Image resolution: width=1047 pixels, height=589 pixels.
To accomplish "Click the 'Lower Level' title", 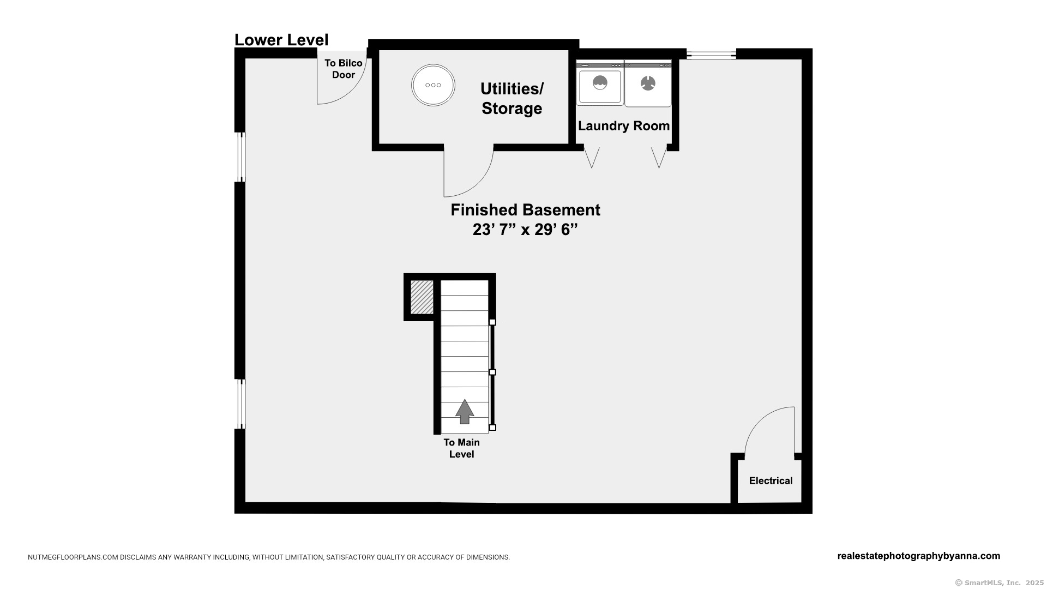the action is [x=281, y=40].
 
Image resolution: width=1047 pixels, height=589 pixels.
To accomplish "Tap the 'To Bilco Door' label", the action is [x=344, y=69].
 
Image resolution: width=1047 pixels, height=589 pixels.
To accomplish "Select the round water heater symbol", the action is [x=433, y=85].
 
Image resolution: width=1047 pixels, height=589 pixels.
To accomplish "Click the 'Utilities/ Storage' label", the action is [x=512, y=99].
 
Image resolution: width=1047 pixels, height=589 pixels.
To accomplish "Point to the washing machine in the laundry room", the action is [x=600, y=83].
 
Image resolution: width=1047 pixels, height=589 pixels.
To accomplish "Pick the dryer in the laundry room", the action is [x=648, y=83].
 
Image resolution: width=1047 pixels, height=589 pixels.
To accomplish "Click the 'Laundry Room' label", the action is [x=624, y=126].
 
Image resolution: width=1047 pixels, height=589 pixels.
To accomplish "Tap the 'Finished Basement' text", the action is [x=525, y=210].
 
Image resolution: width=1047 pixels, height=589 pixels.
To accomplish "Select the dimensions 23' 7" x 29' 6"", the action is [x=525, y=230].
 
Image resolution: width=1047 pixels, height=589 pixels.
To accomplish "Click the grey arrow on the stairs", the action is [x=465, y=412].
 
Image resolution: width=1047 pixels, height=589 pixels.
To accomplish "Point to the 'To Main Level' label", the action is [x=461, y=448].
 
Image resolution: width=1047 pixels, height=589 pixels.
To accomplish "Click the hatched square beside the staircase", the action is [x=422, y=297].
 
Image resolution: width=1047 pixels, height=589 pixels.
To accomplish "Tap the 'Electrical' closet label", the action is [x=771, y=480].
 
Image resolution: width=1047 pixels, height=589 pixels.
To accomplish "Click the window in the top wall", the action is [x=711, y=54].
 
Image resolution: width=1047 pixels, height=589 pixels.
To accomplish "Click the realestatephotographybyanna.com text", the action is [x=918, y=556].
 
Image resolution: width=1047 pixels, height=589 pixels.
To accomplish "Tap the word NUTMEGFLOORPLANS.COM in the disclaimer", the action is [x=73, y=557].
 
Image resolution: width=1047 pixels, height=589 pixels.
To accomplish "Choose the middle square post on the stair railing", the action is [x=492, y=372].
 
